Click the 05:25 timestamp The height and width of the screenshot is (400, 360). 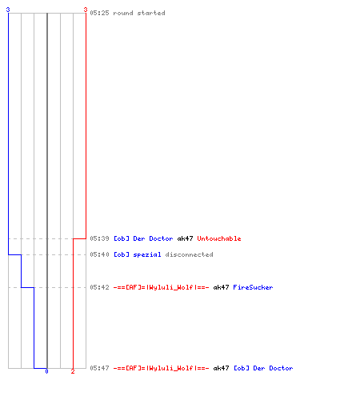tap(99, 13)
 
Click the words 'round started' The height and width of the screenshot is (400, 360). tap(139, 13)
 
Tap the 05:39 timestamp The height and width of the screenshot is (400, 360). tap(99, 238)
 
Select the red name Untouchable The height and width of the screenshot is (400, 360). tap(219, 238)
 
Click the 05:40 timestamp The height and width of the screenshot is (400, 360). tap(99, 254)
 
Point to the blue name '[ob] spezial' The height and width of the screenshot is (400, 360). tap(138, 254)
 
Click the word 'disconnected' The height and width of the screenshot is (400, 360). tap(189, 254)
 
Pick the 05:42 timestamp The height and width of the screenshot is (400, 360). tap(99, 287)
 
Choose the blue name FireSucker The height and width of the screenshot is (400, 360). tap(253, 287)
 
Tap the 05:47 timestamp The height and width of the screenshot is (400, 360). tap(99, 368)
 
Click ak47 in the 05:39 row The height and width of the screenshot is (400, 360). tap(185, 238)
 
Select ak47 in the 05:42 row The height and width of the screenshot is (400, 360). tap(221, 287)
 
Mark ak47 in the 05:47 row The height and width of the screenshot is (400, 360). tap(221, 368)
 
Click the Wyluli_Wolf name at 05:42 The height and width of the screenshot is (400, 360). tap(162, 287)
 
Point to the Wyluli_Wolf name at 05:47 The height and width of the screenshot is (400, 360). tap(162, 368)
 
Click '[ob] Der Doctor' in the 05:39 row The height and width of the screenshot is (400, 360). tap(143, 238)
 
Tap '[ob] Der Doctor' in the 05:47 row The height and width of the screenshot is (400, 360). tap(263, 368)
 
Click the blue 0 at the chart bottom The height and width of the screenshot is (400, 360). tap(46, 371)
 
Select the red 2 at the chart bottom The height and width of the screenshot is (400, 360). tap(73, 371)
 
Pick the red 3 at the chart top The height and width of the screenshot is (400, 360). tap(86, 10)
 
